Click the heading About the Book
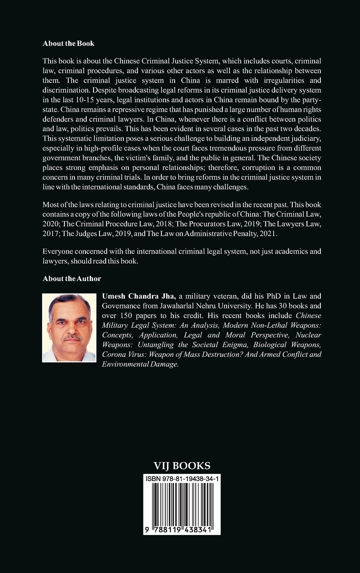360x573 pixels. pyautogui.click(x=68, y=43)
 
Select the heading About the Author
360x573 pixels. pyautogui.click(x=72, y=278)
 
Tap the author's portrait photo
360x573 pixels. pyautogui.click(x=69, y=327)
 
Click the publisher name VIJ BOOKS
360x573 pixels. pyautogui.click(x=182, y=466)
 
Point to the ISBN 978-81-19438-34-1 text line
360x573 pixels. pyautogui.click(x=182, y=479)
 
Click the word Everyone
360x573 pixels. pyautogui.click(x=58, y=252)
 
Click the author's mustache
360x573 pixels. pyautogui.click(x=72, y=338)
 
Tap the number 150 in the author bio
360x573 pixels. pyautogui.click(x=124, y=316)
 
